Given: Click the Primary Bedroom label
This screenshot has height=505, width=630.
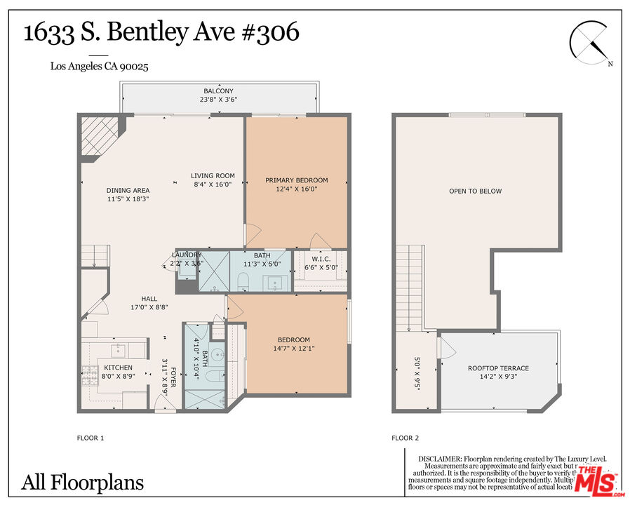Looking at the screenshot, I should point(296,180).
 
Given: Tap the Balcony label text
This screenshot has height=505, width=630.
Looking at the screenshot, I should point(218,91).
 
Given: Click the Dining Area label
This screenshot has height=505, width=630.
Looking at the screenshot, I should point(128,190).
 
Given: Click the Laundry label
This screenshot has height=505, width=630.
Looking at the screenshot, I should point(187,255).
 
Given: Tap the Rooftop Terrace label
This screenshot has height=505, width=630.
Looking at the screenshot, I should point(498,368).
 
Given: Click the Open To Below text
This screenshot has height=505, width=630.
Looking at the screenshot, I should point(476,191).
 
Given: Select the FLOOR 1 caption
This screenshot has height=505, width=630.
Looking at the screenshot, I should point(91,438).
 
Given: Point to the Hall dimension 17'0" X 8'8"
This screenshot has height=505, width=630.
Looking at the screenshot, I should point(148,307).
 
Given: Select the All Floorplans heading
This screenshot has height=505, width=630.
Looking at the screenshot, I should point(83,483).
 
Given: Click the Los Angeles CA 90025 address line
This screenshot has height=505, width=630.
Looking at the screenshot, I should point(99,67).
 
